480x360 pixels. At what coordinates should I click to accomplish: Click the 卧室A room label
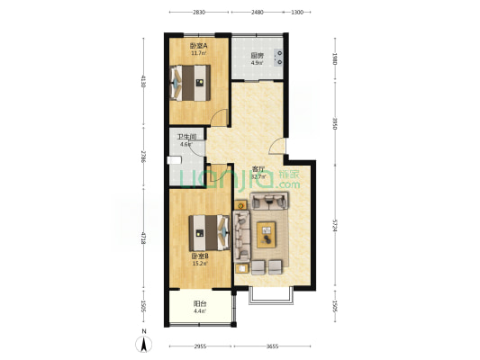click(x=198, y=46)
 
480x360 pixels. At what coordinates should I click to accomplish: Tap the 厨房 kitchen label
click(x=257, y=55)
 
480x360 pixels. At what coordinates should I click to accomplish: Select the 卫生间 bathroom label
click(x=186, y=137)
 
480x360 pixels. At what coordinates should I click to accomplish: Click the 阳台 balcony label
click(x=198, y=303)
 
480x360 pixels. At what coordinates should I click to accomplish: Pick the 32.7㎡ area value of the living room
click(x=258, y=177)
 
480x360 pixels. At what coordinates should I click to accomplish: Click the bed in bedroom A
click(x=196, y=87)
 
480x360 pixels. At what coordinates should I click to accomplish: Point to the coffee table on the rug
click(x=267, y=235)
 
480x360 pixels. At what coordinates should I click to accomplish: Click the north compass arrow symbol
click(x=143, y=343)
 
